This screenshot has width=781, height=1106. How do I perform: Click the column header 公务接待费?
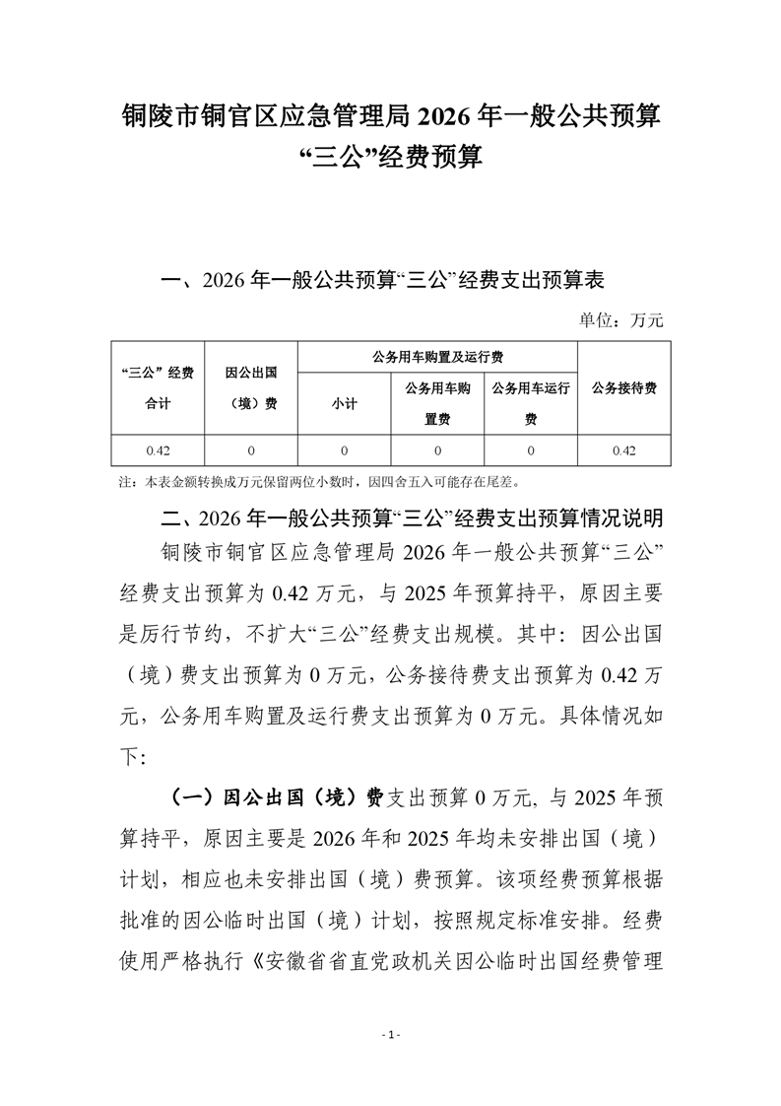624,387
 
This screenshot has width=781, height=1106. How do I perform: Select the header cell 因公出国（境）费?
250,387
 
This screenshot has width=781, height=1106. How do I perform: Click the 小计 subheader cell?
344,403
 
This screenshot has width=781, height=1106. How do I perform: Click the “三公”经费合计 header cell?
157,387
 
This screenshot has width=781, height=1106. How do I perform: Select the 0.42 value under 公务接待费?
624,450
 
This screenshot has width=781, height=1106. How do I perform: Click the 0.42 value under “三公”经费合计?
157,450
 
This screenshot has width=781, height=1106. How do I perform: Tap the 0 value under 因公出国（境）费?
250,450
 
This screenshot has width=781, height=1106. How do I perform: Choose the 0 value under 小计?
344,450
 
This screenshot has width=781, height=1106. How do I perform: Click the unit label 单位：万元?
621,319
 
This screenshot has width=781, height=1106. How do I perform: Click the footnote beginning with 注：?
325,483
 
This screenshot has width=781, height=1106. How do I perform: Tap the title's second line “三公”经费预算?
390,157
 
